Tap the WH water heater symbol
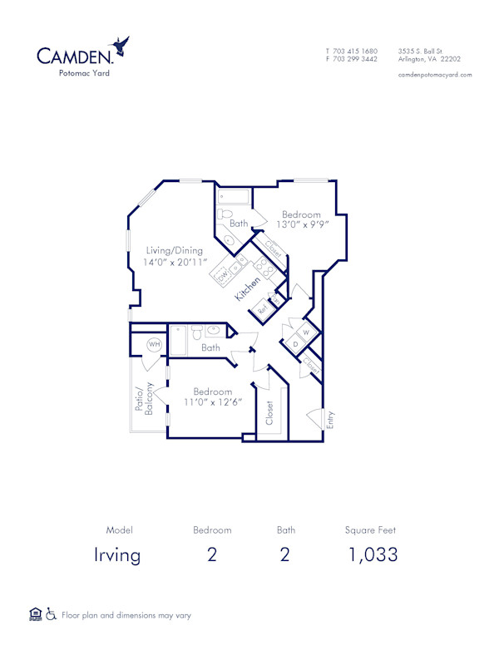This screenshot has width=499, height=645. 154,344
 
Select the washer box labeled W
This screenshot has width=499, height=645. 305,333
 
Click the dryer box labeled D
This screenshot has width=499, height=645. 295,344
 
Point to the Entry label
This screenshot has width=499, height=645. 330,420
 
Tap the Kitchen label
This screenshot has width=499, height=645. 247,286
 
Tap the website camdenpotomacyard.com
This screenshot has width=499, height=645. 436,75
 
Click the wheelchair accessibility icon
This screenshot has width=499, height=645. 51,614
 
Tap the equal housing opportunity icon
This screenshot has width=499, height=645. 35,614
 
